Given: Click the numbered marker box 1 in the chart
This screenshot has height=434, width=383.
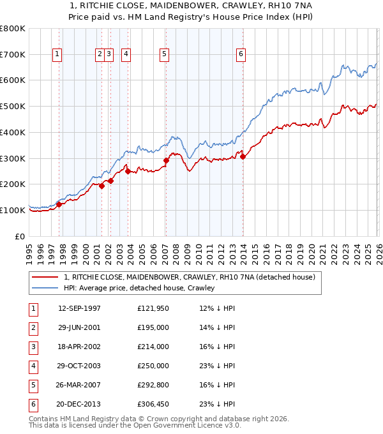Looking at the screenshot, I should (x=57, y=55).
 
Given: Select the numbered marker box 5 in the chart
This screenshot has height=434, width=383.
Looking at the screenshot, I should (x=165, y=55).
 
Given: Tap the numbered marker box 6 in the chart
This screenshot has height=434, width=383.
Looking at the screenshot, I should (x=241, y=55).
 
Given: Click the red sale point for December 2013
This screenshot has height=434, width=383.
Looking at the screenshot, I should (x=243, y=156).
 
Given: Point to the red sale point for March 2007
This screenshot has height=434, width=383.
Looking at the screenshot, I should (x=166, y=160).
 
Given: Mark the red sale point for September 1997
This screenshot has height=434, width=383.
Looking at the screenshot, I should (x=59, y=204).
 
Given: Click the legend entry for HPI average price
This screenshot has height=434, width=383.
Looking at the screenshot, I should (x=139, y=288).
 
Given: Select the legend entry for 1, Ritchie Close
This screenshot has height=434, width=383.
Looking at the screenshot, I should (x=189, y=277).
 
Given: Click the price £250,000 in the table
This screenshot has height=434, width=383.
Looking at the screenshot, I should (x=153, y=366).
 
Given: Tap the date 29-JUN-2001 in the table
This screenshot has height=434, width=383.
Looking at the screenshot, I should (x=79, y=327).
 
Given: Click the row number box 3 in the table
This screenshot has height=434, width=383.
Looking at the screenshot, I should (x=33, y=347).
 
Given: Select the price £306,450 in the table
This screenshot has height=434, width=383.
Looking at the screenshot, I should (x=153, y=404).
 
